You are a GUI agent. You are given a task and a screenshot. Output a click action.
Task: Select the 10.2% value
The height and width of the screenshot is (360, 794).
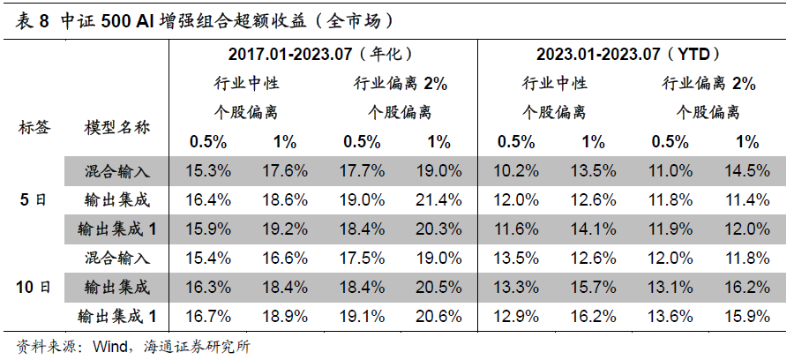[x=516, y=170]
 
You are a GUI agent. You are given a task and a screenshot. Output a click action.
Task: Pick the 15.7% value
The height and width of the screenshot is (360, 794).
[x=593, y=287]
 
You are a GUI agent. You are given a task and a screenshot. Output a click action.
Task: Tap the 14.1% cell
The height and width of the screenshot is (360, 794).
[x=593, y=229]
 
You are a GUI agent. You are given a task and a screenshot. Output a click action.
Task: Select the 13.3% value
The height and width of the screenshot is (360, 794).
[x=516, y=287]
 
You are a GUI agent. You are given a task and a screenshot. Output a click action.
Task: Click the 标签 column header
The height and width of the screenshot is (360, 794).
[x=34, y=127]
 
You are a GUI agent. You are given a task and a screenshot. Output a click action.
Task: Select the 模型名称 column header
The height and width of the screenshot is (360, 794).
[x=117, y=127]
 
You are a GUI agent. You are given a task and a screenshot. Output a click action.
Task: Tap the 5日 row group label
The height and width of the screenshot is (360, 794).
[x=34, y=199]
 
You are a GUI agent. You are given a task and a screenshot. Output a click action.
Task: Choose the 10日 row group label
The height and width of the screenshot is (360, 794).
[x=34, y=287]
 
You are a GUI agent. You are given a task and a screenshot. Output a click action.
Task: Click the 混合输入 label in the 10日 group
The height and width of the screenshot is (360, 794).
[x=117, y=258]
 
